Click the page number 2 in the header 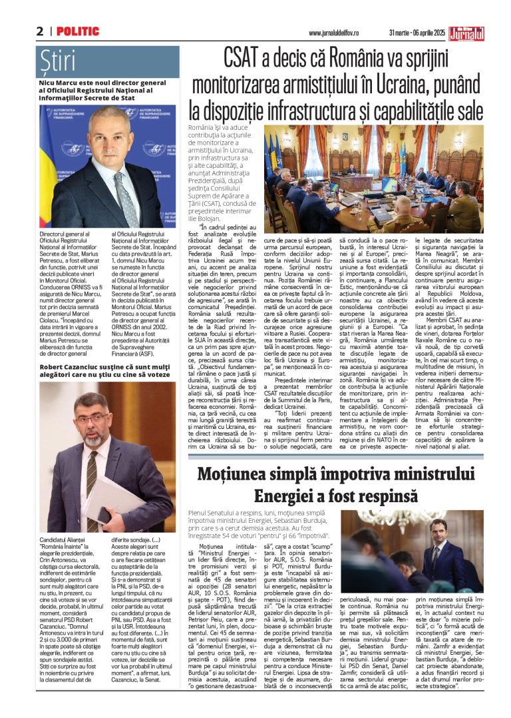(x=40, y=31)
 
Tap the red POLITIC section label (x=78, y=31)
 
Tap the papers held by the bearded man (x=114, y=496)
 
